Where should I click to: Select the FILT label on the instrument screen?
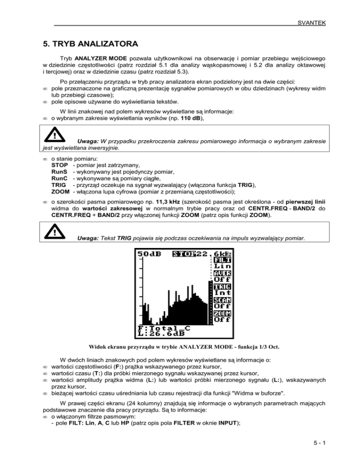pyautogui.click(x=223, y=260)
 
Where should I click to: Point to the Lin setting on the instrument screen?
pyautogui.click(x=222, y=266)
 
